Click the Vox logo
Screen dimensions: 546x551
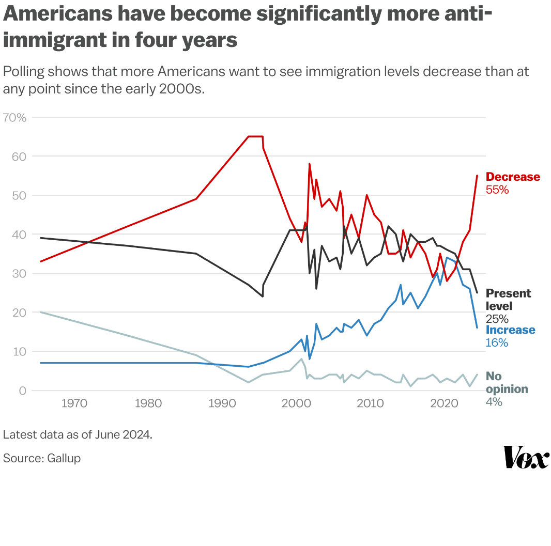(x=526, y=457)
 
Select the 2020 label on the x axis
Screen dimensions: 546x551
(x=443, y=403)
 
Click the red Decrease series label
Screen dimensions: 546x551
(x=513, y=177)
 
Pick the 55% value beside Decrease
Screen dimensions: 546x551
(x=497, y=190)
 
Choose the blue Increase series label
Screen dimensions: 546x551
(x=510, y=330)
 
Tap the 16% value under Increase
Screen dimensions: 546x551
(x=497, y=343)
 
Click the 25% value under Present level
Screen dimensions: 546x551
(x=497, y=319)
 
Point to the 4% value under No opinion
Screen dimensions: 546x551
(x=494, y=401)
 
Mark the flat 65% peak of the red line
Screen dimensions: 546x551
(x=255, y=136)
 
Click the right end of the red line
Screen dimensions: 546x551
(x=477, y=176)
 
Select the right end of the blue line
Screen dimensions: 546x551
(x=477, y=327)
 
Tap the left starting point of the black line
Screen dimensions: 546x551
(x=40, y=238)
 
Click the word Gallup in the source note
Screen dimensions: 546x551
(x=64, y=458)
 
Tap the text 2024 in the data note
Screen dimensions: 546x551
(x=137, y=434)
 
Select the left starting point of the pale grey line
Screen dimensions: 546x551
(x=40, y=312)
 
